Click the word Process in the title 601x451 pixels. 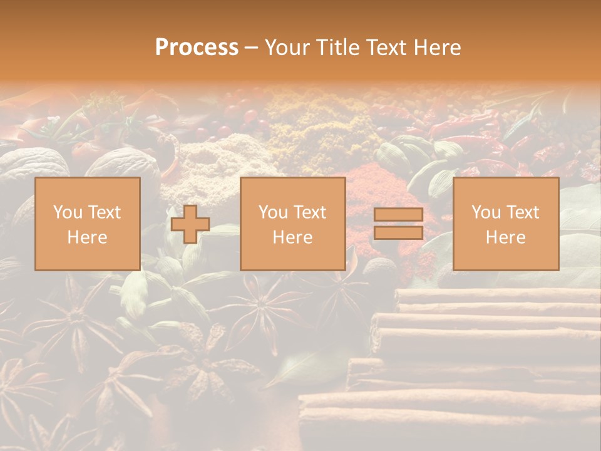(x=197, y=48)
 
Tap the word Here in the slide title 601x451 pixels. (x=436, y=48)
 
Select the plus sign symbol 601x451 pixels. (x=190, y=224)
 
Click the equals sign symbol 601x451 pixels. (x=398, y=224)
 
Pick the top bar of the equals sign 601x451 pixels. (x=398, y=215)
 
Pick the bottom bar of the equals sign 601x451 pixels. (x=398, y=233)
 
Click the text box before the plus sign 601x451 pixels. (x=88, y=224)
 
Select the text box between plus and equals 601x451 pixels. (x=293, y=224)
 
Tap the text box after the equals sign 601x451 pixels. (x=506, y=224)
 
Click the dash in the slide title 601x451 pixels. (x=251, y=48)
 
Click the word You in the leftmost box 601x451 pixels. (x=68, y=212)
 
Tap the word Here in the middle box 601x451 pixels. (x=293, y=237)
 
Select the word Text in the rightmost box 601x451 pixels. (x=522, y=212)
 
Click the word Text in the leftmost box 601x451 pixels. (x=104, y=212)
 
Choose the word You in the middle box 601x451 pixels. (x=273, y=212)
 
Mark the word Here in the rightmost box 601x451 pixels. (x=506, y=237)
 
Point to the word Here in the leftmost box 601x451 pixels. (x=88, y=237)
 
